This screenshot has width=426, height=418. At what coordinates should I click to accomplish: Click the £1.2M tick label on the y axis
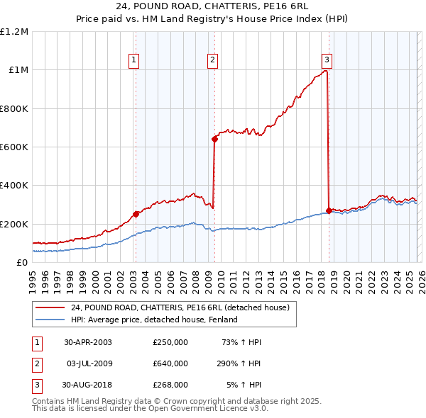pyautogui.click(x=14, y=32)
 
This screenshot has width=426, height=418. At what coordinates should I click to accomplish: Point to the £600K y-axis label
pyautogui.click(x=14, y=147)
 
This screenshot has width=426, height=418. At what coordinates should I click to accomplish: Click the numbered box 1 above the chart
pyautogui.click(x=134, y=60)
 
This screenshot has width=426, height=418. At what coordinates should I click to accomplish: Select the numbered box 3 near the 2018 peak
pyautogui.click(x=327, y=60)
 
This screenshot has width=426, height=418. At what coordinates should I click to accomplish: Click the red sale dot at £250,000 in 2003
pyautogui.click(x=136, y=214)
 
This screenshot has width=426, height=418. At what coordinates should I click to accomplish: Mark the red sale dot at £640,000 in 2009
pyautogui.click(x=214, y=139)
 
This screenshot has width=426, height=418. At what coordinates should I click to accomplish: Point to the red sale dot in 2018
pyautogui.click(x=329, y=210)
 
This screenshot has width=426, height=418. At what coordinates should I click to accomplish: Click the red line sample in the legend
pyautogui.click(x=50, y=308)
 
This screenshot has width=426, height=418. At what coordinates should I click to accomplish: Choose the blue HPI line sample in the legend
pyautogui.click(x=50, y=320)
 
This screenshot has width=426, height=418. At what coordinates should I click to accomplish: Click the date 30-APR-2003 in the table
pyautogui.click(x=88, y=342)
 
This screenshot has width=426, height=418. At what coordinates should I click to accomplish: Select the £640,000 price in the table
pyautogui.click(x=170, y=363)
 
